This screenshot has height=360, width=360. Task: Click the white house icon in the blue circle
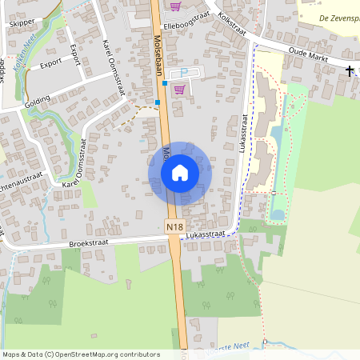180,172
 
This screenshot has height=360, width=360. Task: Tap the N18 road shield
175,227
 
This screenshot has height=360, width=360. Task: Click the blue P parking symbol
182,73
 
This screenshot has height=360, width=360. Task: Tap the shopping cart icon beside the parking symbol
180,89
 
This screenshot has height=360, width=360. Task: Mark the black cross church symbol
349,70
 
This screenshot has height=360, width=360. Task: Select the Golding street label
37,100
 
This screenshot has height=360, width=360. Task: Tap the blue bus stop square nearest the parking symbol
166,82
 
